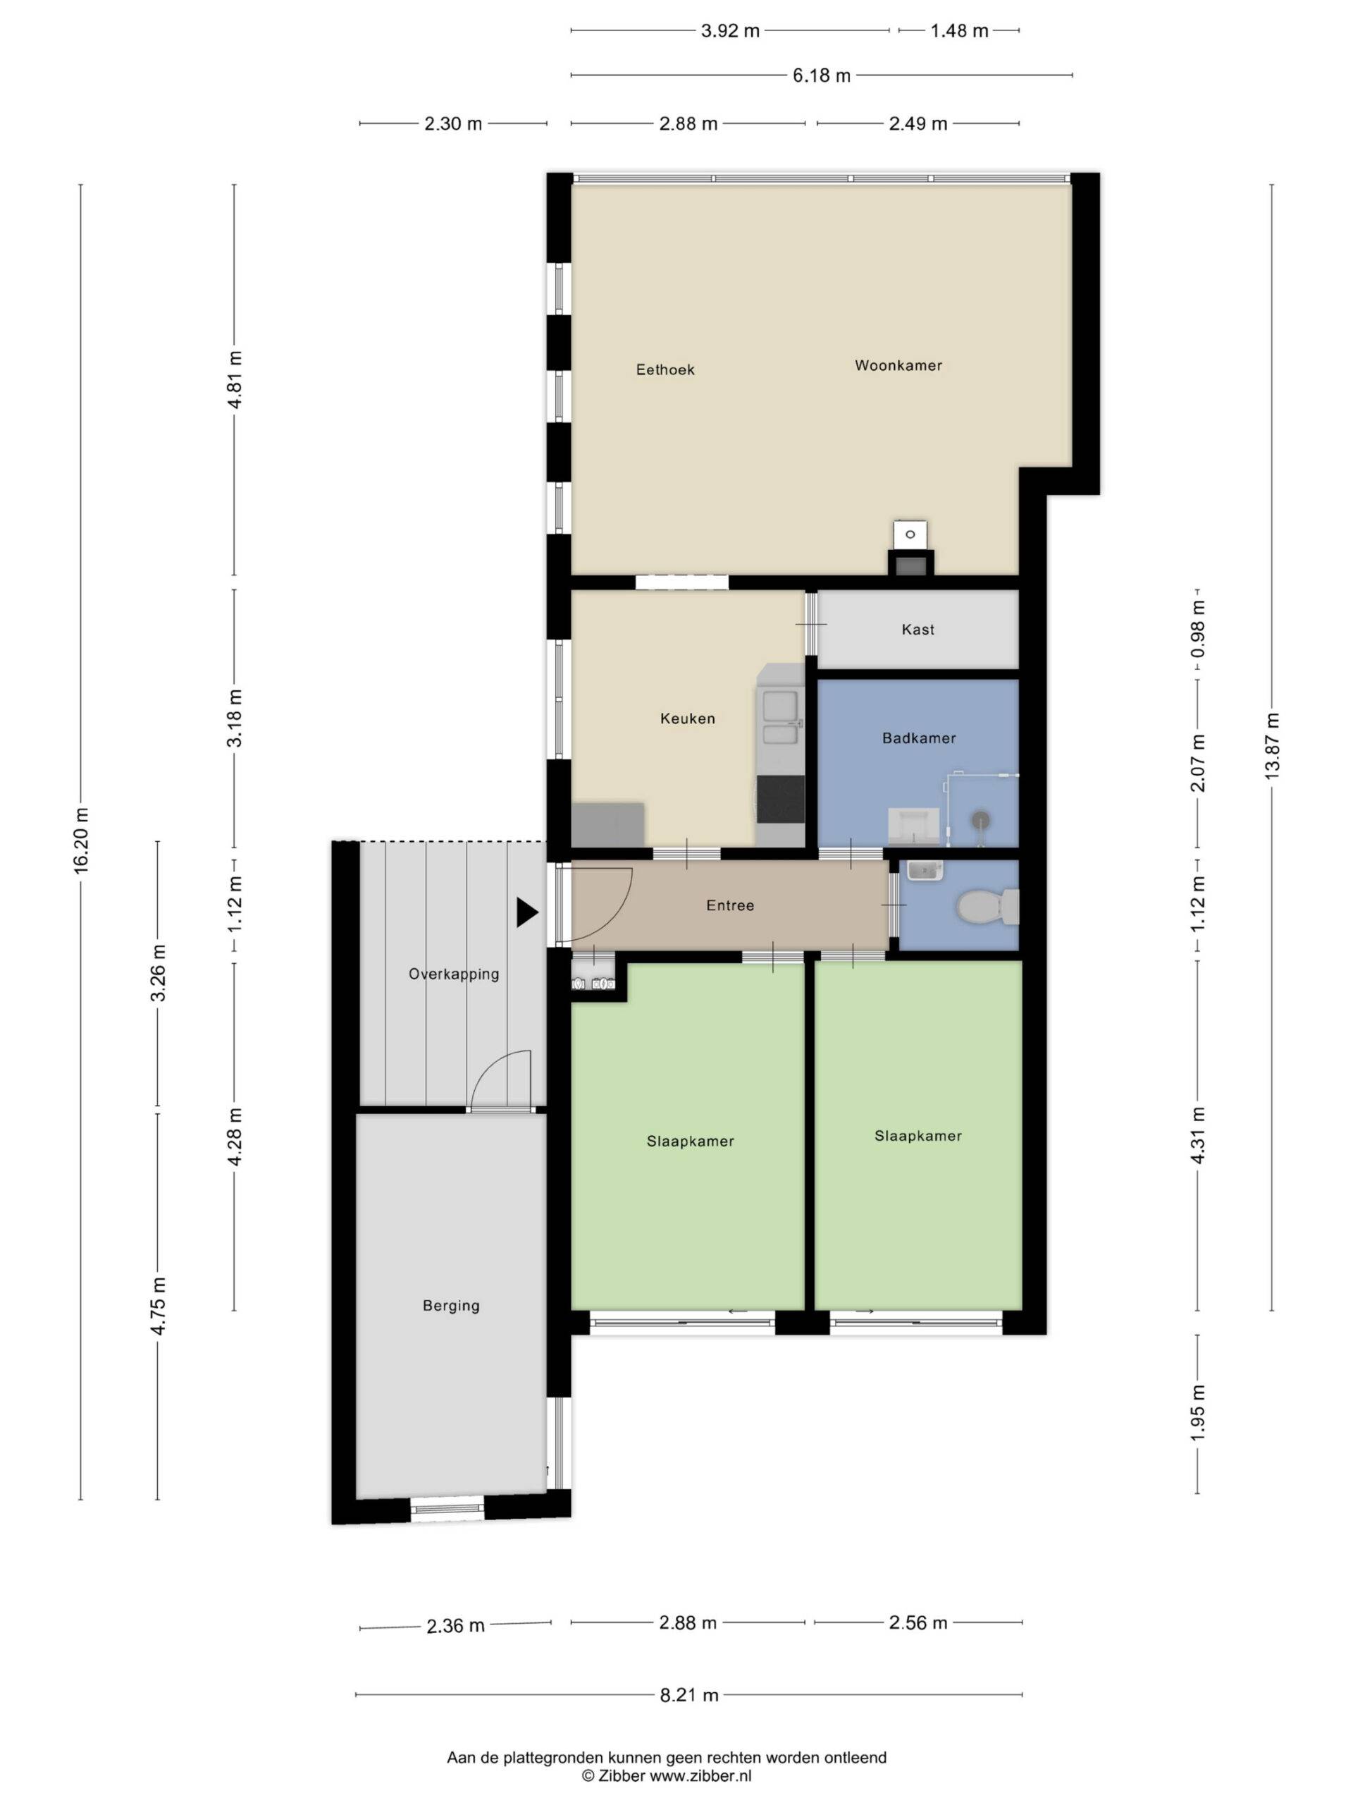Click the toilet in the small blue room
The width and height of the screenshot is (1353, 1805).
[987, 907]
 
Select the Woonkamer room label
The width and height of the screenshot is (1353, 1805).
[898, 365]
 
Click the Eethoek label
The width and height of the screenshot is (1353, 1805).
[665, 369]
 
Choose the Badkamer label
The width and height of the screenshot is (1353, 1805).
[918, 738]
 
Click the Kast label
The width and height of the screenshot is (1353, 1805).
[918, 630]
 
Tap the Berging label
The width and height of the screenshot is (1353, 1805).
[451, 1306]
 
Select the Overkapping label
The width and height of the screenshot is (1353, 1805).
[453, 974]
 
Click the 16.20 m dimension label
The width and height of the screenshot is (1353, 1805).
[82, 840]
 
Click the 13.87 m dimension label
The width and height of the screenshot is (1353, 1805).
[1272, 745]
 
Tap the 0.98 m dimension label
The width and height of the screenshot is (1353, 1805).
[1198, 629]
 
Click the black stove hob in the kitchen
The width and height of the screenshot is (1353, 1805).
[779, 799]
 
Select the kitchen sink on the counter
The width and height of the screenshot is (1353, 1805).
[779, 718]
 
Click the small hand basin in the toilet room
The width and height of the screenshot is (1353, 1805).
[925, 871]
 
